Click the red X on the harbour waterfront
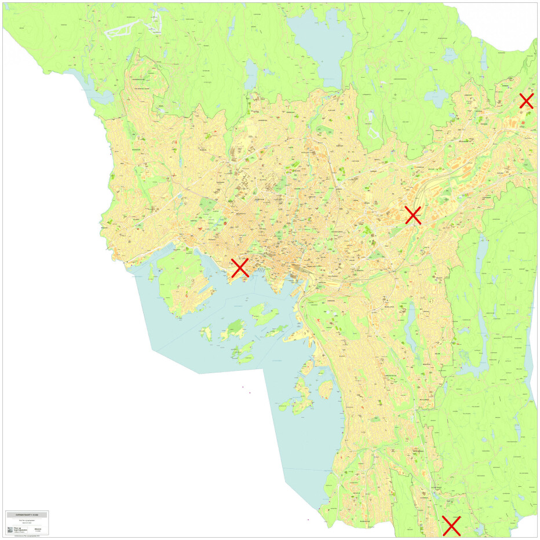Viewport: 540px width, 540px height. click(x=240, y=268)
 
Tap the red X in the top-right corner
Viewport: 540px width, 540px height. click(x=526, y=101)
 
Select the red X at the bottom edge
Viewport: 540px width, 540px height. click(x=451, y=526)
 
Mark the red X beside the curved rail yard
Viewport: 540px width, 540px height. click(x=413, y=215)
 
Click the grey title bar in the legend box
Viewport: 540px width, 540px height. click(x=27, y=515)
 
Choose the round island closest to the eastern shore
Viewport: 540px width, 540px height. click(x=326, y=388)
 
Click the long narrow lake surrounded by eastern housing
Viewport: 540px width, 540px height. click(x=411, y=324)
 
